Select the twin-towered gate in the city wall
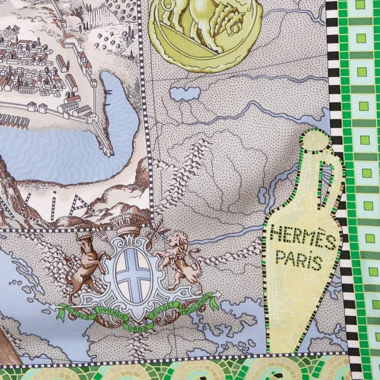[x=37, y=107]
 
